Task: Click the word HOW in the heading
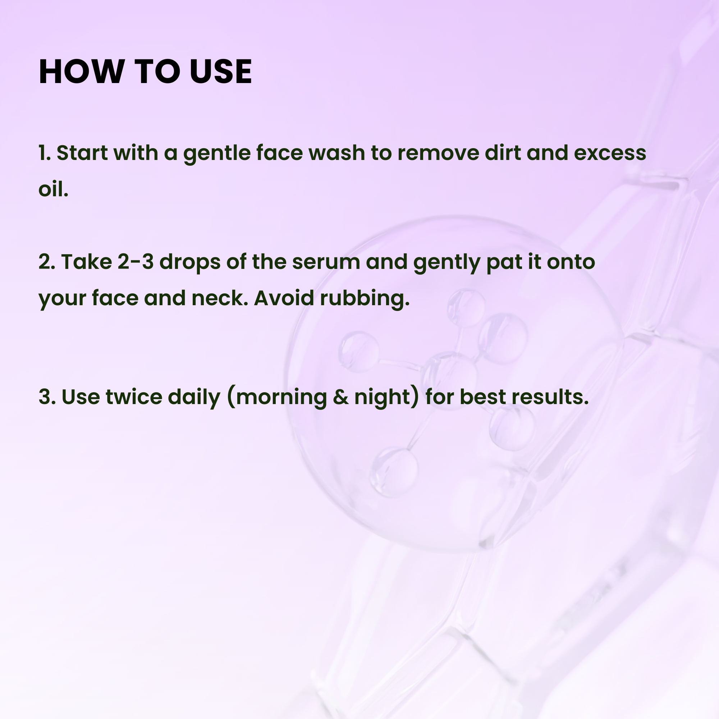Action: point(82,72)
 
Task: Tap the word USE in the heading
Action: point(221,72)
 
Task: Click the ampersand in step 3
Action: point(340,397)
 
